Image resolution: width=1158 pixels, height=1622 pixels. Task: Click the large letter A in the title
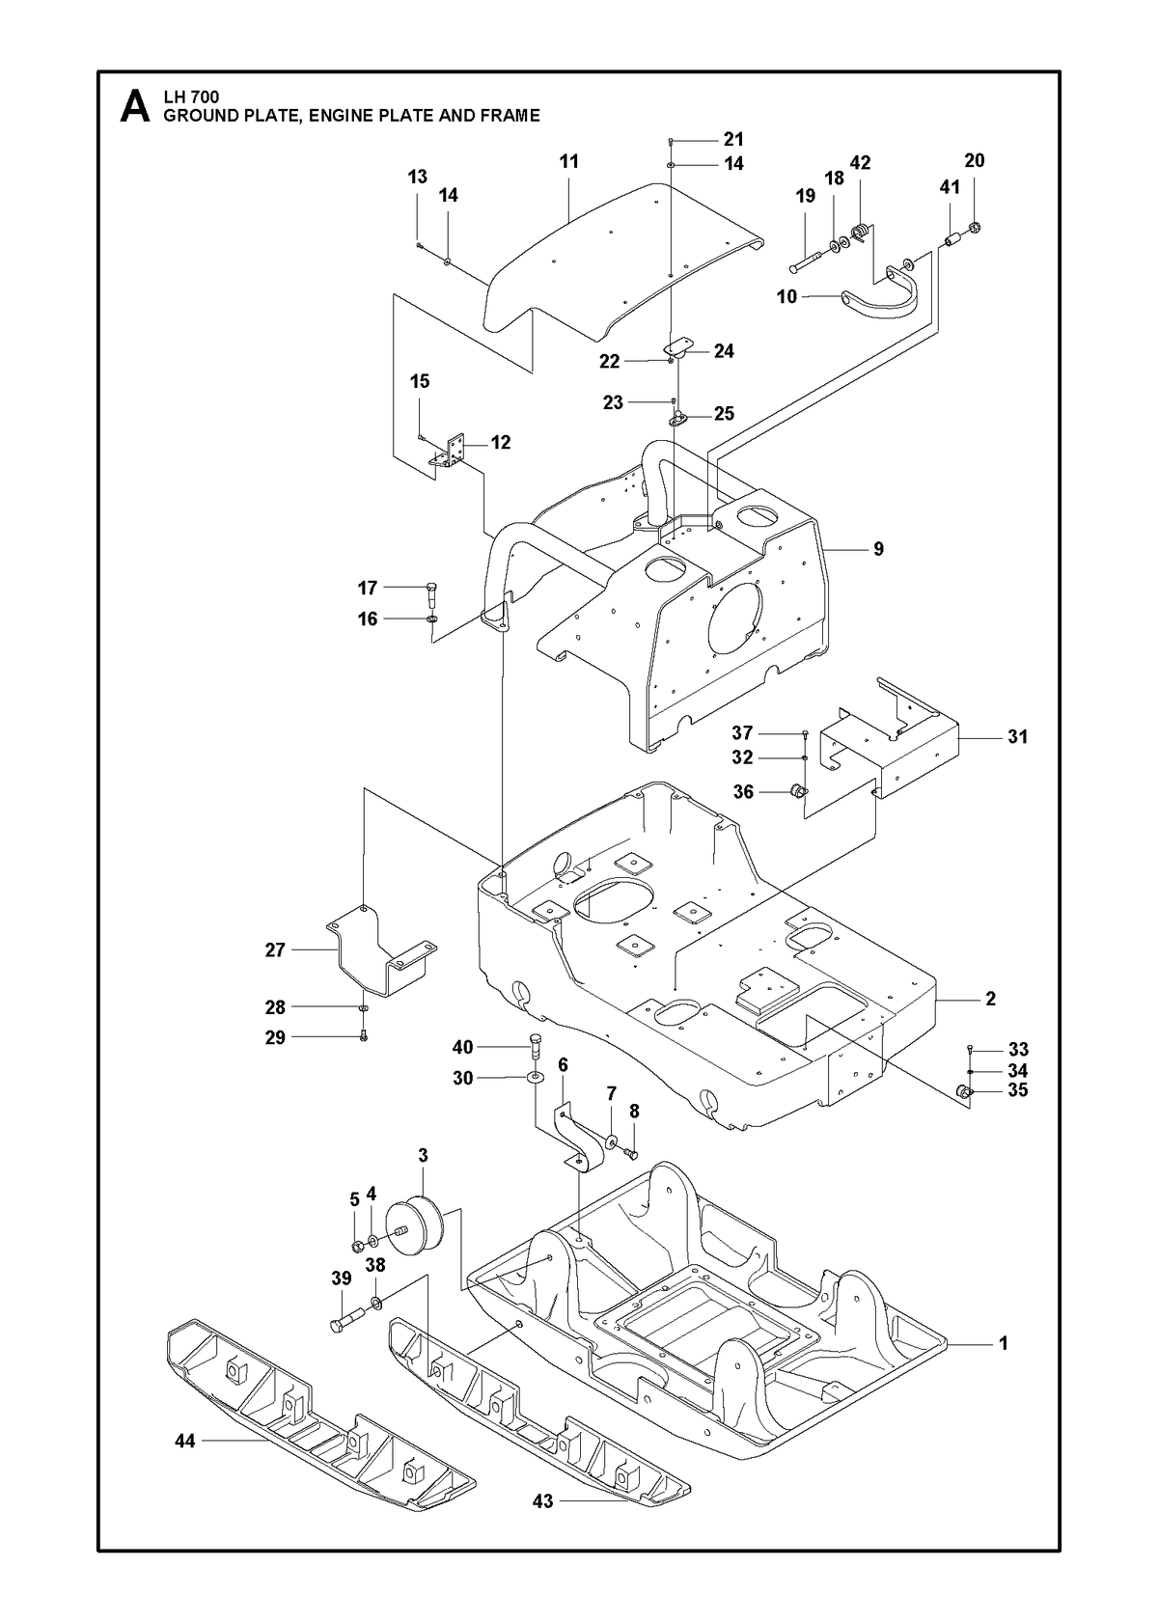tap(135, 107)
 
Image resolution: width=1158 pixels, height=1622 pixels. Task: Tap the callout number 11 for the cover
tap(569, 161)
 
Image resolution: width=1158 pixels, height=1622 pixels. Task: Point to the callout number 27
tap(275, 949)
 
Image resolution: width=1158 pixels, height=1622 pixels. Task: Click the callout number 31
tap(1017, 736)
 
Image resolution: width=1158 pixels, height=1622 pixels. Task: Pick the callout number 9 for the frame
tap(878, 549)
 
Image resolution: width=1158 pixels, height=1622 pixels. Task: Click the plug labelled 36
tap(800, 790)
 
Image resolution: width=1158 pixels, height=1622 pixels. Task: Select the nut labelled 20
tap(974, 229)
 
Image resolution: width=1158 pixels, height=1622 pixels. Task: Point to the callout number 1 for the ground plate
tap(1003, 1343)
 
